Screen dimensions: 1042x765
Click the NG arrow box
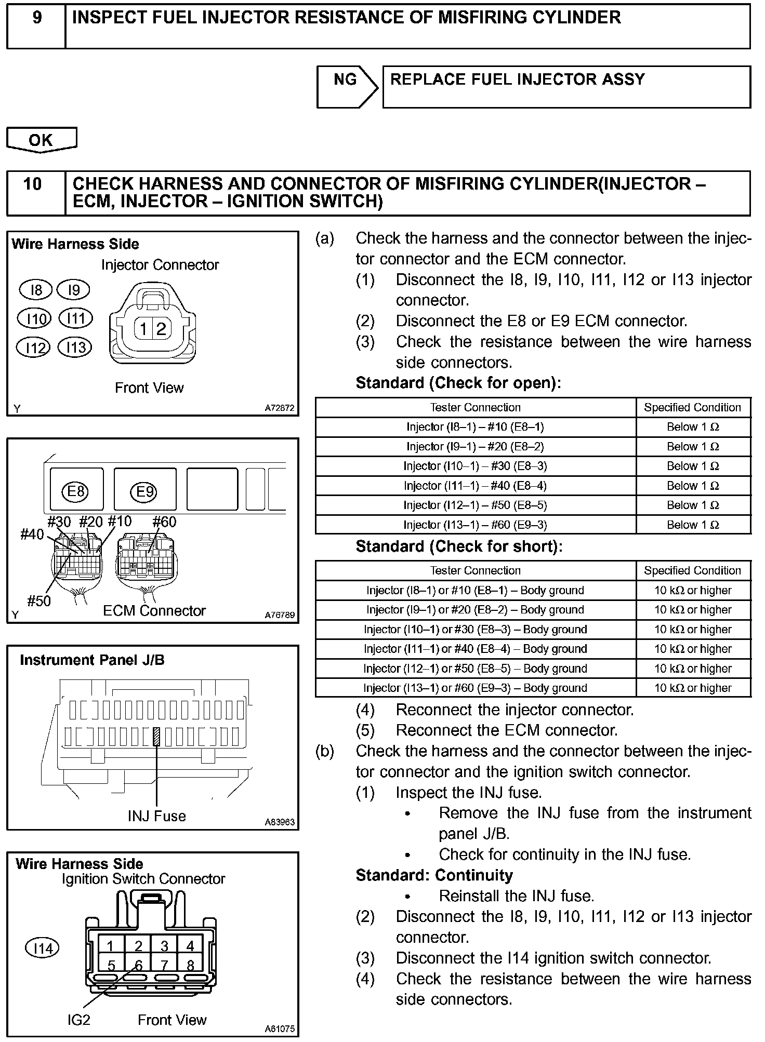pyautogui.click(x=347, y=86)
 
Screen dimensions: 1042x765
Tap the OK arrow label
pyautogui.click(x=41, y=140)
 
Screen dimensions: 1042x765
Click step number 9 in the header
pyautogui.click(x=37, y=18)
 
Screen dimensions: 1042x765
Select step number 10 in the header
pyautogui.click(x=33, y=184)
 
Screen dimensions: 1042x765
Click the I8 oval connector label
pyautogui.click(x=36, y=290)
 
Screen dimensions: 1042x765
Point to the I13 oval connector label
pyautogui.click(x=75, y=347)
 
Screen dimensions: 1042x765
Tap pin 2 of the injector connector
pyautogui.click(x=161, y=329)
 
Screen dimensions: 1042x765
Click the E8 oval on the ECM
pyautogui.click(x=76, y=491)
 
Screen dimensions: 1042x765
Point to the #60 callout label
pyautogui.click(x=164, y=522)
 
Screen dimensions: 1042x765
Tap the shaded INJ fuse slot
pyautogui.click(x=156, y=737)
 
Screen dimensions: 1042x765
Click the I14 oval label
pyautogui.click(x=42, y=949)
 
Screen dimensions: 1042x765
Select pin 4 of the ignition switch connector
pyautogui.click(x=190, y=946)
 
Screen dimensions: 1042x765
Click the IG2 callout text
pyautogui.click(x=78, y=1020)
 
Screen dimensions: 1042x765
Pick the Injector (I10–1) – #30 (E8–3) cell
pyautogui.click(x=475, y=466)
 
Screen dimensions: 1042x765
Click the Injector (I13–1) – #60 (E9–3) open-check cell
pyautogui.click(x=475, y=525)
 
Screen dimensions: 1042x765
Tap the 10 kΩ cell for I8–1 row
pyautogui.click(x=693, y=590)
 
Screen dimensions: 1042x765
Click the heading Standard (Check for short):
pyautogui.click(x=459, y=546)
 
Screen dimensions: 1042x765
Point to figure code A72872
pyautogui.click(x=280, y=408)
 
